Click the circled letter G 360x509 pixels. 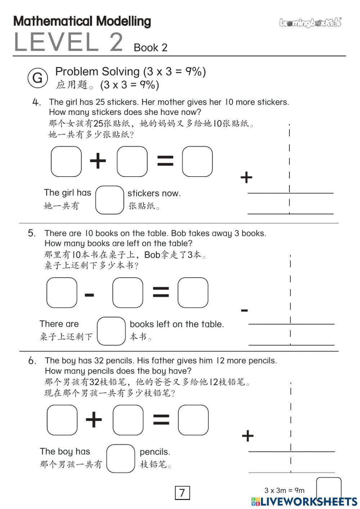pos(37,78)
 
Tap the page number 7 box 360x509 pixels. pos(182,492)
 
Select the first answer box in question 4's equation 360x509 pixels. pos(66,161)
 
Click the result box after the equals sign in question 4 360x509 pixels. pos(197,161)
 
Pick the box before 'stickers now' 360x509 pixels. pos(109,200)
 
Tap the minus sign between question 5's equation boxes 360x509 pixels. pos(89,295)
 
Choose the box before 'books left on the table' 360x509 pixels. pos(111,331)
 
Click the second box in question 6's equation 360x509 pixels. pos(128,420)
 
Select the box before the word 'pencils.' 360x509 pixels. pos(121,458)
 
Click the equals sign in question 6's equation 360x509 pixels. pos(161,420)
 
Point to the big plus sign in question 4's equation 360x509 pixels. pos(98,161)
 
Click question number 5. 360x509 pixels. pos(32,233)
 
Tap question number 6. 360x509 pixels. pos(32,361)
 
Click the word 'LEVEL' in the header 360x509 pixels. pos(56,42)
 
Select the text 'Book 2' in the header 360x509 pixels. pos(150,48)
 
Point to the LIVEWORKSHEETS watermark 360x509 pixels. pos(304,502)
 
